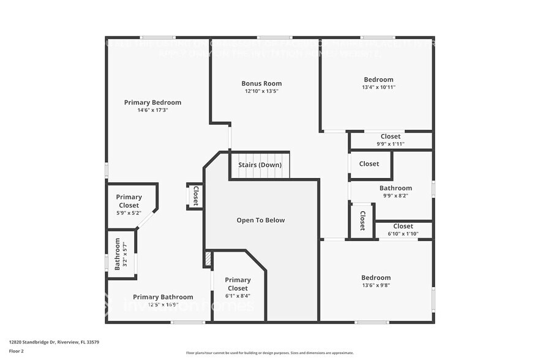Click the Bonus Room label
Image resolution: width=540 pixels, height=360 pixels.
click(x=261, y=83)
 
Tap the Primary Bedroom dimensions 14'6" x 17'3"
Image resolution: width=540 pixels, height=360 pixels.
click(x=152, y=110)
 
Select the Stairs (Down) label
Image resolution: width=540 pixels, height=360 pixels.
click(x=260, y=165)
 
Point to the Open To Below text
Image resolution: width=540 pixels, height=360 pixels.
click(x=261, y=220)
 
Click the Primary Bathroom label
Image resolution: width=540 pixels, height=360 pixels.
click(x=163, y=297)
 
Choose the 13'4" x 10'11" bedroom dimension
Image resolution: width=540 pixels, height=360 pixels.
click(x=378, y=87)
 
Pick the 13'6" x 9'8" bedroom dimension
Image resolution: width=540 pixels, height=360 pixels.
click(x=375, y=285)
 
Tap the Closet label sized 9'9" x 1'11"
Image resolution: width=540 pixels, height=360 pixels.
click(x=390, y=137)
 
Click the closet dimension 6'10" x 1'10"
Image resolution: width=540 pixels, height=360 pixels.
click(x=403, y=233)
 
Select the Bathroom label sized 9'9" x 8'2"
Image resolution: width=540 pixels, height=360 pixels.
click(x=395, y=188)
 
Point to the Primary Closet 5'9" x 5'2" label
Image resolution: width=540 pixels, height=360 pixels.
click(x=129, y=201)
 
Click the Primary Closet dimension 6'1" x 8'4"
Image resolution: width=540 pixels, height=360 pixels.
click(x=238, y=296)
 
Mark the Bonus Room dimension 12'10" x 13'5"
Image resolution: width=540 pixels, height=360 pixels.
click(x=261, y=91)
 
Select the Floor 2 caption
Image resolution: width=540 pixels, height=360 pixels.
click(x=17, y=351)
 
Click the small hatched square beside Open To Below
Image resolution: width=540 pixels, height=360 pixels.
click(x=208, y=259)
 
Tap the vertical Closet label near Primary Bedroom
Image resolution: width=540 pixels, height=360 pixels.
click(x=195, y=196)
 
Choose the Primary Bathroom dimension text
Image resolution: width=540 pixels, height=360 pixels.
click(x=163, y=304)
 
